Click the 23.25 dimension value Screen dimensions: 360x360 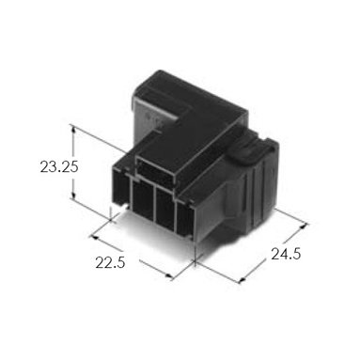(59, 166)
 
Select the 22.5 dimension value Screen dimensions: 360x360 (110, 262)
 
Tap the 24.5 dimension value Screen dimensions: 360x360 (286, 254)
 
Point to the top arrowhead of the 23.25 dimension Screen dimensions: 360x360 (73, 129)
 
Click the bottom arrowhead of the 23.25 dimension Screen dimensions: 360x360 (73, 195)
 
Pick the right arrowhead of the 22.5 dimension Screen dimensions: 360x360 (169, 276)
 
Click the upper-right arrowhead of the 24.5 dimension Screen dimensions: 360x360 (304, 226)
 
